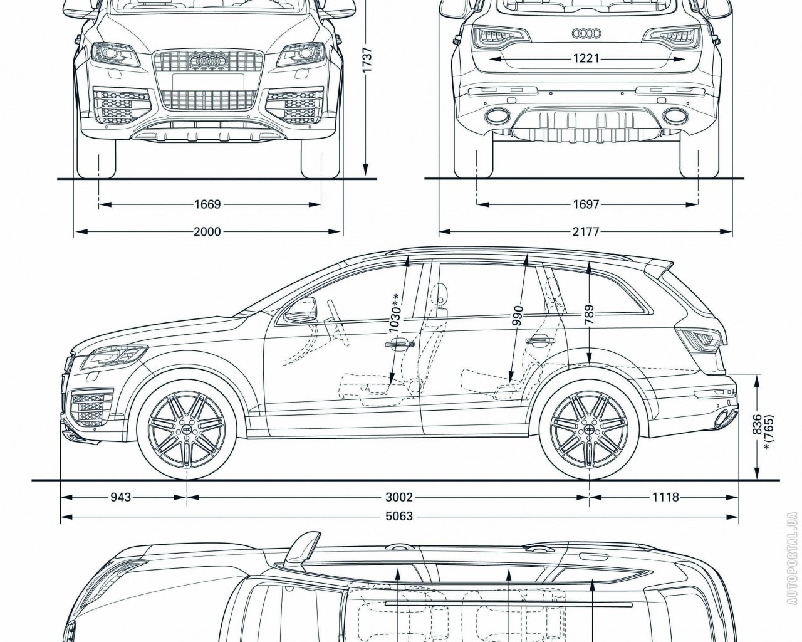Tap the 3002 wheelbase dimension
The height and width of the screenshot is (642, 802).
tap(399, 497)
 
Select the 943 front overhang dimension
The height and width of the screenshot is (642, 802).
tap(121, 497)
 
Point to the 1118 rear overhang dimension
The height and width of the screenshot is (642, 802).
tap(665, 497)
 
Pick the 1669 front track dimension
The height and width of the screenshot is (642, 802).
tap(207, 204)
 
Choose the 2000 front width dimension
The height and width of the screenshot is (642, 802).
tap(207, 232)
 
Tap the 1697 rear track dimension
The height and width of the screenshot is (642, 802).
tap(586, 204)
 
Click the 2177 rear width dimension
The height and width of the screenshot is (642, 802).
tap(586, 232)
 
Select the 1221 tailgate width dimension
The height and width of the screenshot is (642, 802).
tap(586, 58)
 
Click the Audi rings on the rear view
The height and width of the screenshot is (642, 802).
tap(586, 34)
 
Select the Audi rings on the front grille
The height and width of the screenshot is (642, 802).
tap(207, 61)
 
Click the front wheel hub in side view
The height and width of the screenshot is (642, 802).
tap(187, 429)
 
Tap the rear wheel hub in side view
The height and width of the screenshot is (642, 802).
tap(589, 429)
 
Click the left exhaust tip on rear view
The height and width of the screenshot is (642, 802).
tap(497, 115)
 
